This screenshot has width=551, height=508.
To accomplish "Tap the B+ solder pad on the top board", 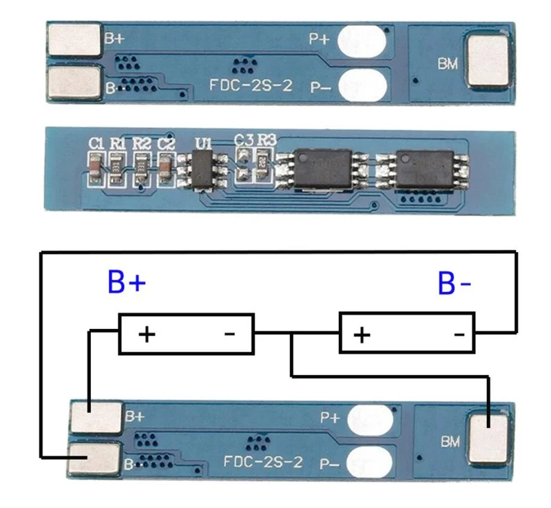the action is coord(74,39).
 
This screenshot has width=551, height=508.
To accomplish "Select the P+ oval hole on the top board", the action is coord(362,41).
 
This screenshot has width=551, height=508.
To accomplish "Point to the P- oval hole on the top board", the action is coord(362,85).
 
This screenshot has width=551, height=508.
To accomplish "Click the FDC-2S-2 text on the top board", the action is coord(251,85).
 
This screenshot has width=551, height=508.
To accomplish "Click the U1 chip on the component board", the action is coord(202,171).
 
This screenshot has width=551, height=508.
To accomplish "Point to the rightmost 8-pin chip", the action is coord(424,168).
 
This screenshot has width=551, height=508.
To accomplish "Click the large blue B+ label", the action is coord(127,282).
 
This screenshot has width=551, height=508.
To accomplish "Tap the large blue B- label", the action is coord(455,283).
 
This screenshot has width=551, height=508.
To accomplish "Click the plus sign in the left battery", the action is coord(147,334).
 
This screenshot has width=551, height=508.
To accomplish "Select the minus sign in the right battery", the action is coord(459,335).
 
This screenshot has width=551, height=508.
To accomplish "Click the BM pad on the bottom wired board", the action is coord(488,439).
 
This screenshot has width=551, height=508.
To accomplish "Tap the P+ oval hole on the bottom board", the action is coord(370,419).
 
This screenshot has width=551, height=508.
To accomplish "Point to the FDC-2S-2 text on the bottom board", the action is coord(263,462).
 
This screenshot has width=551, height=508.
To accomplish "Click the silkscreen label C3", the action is coord(244,140).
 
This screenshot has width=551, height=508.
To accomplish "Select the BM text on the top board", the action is coord(448,63).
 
